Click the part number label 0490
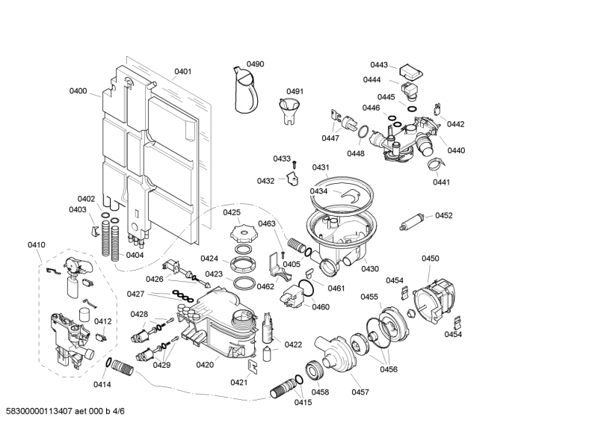tap(256, 65)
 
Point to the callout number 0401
tap(183, 72)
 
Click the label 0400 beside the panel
tap(78, 91)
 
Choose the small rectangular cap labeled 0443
tap(410, 72)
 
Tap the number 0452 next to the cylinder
tap(444, 215)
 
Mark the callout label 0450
tap(431, 259)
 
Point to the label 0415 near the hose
tap(302, 403)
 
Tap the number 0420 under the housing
tap(205, 365)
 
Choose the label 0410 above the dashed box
tap(37, 244)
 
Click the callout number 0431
tap(321, 167)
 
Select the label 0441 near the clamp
tap(442, 182)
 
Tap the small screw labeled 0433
tap(296, 164)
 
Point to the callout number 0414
tap(102, 385)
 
